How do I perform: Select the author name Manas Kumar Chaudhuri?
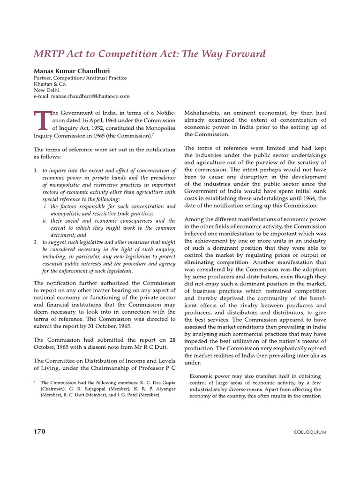70,71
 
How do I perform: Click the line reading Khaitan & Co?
50,84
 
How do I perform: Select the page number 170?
39,431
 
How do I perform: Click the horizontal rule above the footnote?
48,378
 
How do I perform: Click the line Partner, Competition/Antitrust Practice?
80,78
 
